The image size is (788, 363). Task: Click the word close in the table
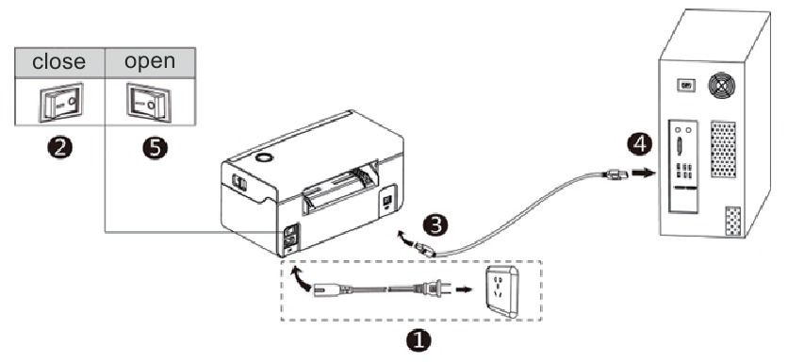pos(59,62)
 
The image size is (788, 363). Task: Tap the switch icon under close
pos(59,101)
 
